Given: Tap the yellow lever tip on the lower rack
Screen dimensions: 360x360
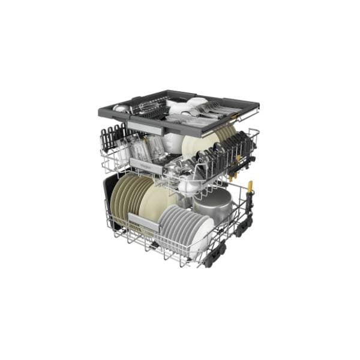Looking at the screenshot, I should tap(250, 185).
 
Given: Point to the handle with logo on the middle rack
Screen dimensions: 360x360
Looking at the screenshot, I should tap(146, 165).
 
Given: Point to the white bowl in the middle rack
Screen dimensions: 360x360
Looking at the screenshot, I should tap(174, 142).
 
